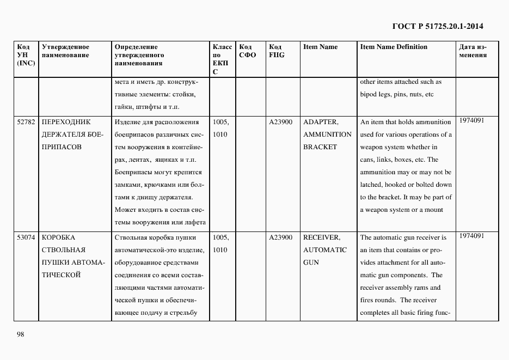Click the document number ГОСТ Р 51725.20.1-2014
438,26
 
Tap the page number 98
21,334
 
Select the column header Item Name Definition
394,47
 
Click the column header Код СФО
247,51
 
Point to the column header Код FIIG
277,51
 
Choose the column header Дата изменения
473,51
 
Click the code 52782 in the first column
26,122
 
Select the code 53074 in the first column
26,237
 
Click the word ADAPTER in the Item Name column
320,122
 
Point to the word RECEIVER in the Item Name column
321,237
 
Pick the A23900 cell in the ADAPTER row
281,122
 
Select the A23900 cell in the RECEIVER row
281,237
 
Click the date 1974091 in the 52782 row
472,120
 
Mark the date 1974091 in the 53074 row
472,236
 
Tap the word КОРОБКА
58,237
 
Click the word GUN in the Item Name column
312,263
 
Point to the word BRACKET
320,147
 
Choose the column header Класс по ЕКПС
222,59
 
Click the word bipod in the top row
370,94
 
